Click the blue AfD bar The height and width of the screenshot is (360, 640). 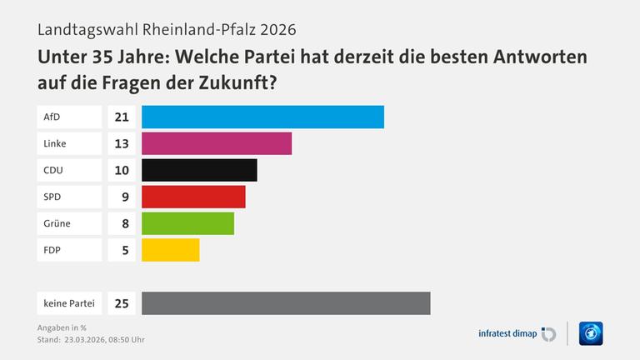tap(262, 117)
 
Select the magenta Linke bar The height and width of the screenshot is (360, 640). tap(217, 143)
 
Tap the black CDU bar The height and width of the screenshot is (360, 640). tap(199, 170)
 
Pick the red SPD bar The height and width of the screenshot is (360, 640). tap(193, 197)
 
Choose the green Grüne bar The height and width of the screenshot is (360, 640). tap(187, 223)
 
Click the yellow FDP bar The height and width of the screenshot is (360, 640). tap(170, 250)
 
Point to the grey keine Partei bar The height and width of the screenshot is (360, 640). tap(286, 303)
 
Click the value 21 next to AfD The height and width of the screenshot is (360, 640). tap(121, 117)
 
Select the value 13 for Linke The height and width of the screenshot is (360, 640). tap(121, 143)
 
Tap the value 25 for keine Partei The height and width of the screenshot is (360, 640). tap(121, 303)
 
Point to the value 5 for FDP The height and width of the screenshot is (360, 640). tap(123, 250)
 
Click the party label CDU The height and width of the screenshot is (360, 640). tap(53, 170)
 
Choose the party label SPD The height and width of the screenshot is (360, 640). tap(52, 197)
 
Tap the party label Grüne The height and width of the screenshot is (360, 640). tap(57, 223)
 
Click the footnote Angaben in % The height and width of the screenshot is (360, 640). tap(62, 327)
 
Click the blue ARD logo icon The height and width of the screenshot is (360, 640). tap(590, 333)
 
